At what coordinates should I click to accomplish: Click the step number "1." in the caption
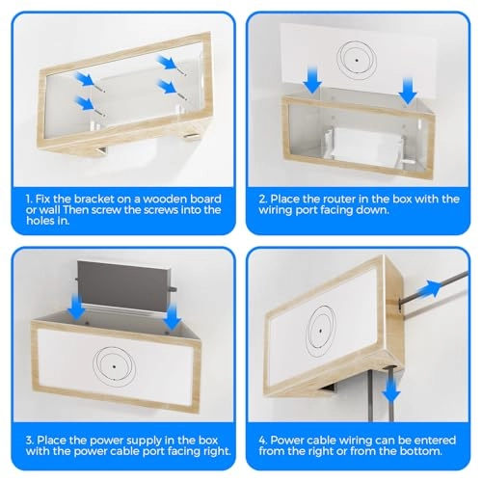tap(29, 199)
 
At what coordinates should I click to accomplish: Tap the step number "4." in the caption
tap(263, 440)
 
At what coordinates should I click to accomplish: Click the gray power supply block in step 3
tap(123, 286)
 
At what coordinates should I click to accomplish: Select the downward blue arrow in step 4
tap(391, 389)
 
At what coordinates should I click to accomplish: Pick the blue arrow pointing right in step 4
tap(429, 288)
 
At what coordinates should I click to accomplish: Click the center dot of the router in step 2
tap(357, 60)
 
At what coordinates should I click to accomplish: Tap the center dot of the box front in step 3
tap(114, 366)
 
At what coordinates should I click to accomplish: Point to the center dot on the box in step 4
tap(320, 331)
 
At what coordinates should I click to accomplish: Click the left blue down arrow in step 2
tap(312, 80)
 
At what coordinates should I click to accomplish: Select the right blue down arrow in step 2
tap(408, 91)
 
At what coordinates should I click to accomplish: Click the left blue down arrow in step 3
tap(77, 308)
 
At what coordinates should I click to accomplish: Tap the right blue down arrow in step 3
tap(173, 318)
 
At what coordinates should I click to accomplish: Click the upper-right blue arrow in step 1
tap(167, 63)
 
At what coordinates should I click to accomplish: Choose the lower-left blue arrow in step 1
tap(86, 104)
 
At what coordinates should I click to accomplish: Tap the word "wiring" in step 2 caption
tap(276, 210)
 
